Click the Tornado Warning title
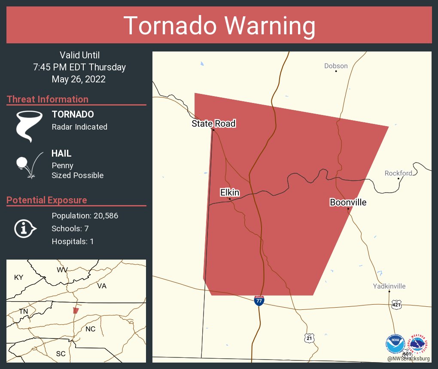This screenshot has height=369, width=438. pyautogui.click(x=219, y=26)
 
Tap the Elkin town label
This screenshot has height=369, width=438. pyautogui.click(x=230, y=193)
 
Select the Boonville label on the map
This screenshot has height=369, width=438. pyautogui.click(x=348, y=202)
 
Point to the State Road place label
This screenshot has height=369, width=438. pyautogui.click(x=213, y=124)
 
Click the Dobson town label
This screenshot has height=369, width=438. pyautogui.click(x=336, y=66)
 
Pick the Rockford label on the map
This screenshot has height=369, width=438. pyautogui.click(x=398, y=173)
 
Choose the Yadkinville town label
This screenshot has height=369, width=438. pyautogui.click(x=389, y=286)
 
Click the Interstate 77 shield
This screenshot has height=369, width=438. pyautogui.click(x=259, y=300)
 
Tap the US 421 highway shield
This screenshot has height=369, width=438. pyautogui.click(x=396, y=305)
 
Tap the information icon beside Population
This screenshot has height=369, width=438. pyautogui.click(x=24, y=228)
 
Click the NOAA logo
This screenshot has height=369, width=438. pyautogui.click(x=395, y=344)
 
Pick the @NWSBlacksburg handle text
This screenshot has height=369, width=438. pyautogui.click(x=408, y=359)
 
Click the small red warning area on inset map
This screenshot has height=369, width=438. pyautogui.click(x=76, y=310)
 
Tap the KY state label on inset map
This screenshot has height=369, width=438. pyautogui.click(x=18, y=277)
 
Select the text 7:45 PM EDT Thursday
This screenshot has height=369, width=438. pyautogui.click(x=79, y=67)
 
